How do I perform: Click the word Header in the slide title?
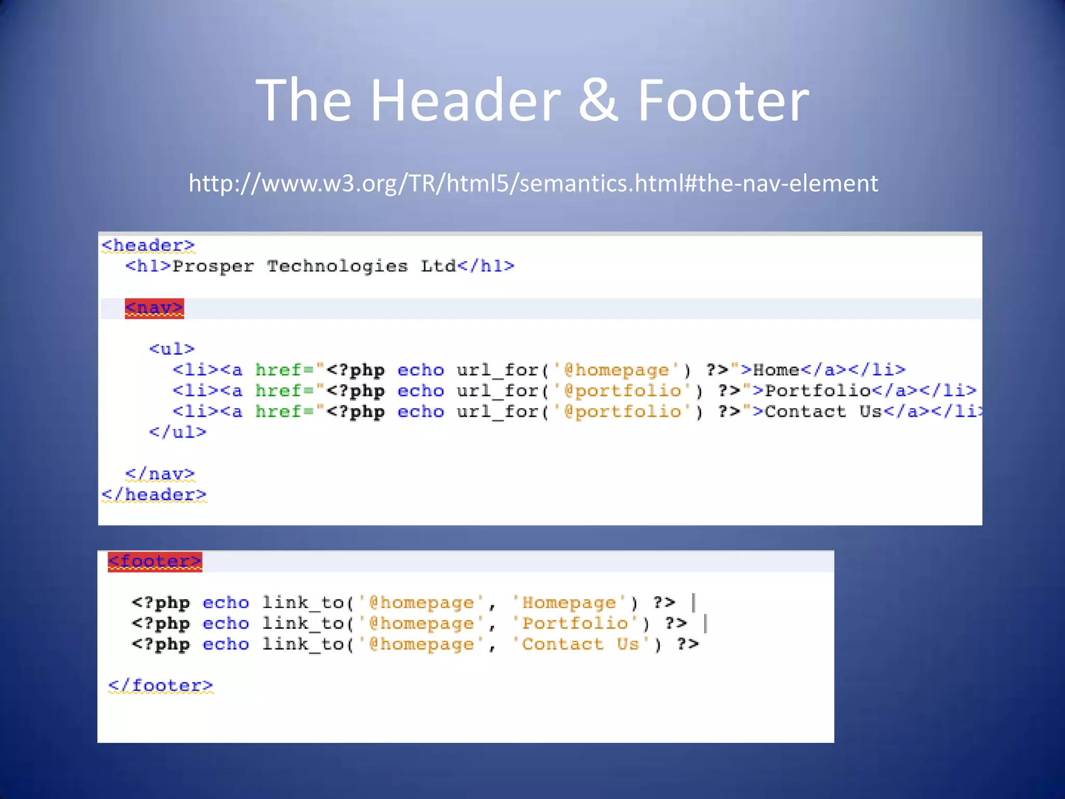click(x=465, y=100)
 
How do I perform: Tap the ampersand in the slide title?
click(x=598, y=100)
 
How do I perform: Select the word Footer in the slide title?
click(x=723, y=100)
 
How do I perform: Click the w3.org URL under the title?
click(x=533, y=183)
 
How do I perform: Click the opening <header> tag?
click(x=148, y=245)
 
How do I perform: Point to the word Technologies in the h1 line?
click(x=337, y=266)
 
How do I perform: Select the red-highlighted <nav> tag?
click(x=154, y=308)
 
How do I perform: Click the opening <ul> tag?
click(x=172, y=349)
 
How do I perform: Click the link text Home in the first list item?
click(x=776, y=370)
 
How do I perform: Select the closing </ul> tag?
click(x=177, y=432)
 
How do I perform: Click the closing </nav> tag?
click(x=160, y=474)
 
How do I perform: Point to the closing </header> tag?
click(x=154, y=495)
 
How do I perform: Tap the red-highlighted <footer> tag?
click(x=154, y=561)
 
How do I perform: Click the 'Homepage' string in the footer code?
click(x=569, y=603)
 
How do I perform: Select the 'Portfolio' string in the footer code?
click(x=575, y=623)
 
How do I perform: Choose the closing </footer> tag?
click(x=160, y=686)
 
